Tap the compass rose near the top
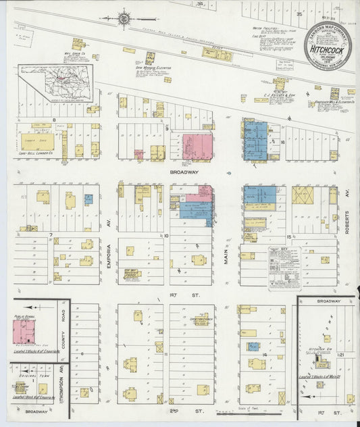[126, 18]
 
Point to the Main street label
[227, 253]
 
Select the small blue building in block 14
[253, 347]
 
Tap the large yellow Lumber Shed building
[38, 141]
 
